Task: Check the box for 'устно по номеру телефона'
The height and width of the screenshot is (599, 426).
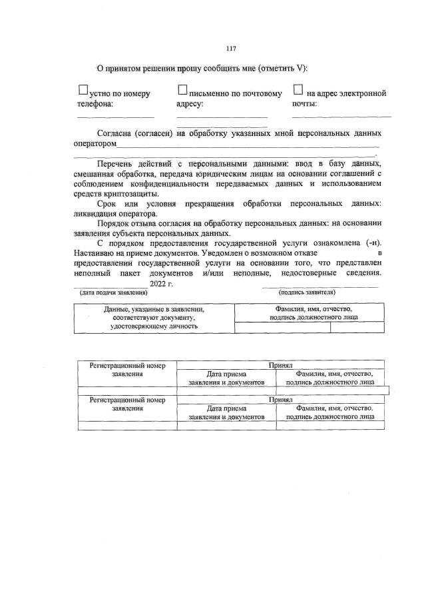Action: tap(83, 89)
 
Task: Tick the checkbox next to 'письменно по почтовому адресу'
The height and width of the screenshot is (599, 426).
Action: tap(182, 89)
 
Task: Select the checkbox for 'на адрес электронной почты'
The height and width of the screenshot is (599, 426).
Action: tap(298, 89)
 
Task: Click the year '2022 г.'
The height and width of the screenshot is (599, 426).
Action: tap(161, 284)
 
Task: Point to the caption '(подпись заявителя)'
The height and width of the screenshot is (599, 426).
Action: tap(307, 293)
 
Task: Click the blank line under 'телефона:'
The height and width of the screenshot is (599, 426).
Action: tap(106, 116)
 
